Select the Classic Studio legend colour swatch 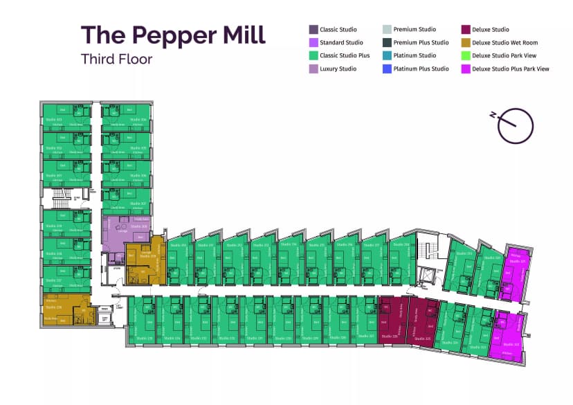pyautogui.click(x=313, y=30)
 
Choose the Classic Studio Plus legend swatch pyautogui.click(x=313, y=56)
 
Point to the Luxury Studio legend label pyautogui.click(x=338, y=69)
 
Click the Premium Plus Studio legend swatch pyautogui.click(x=387, y=43)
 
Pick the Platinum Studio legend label pyautogui.click(x=415, y=56)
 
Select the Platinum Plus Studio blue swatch pyautogui.click(x=387, y=69)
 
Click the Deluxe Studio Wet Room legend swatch pyautogui.click(x=466, y=43)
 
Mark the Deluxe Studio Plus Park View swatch pyautogui.click(x=466, y=69)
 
